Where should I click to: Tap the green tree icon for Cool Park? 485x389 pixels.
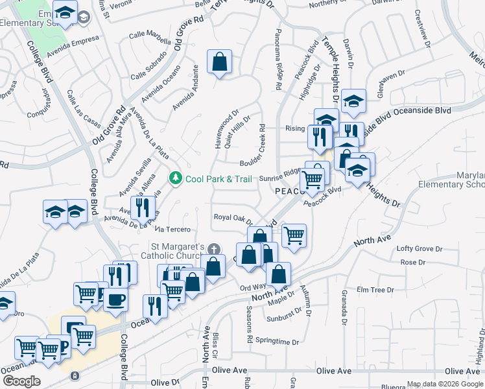coord(175,178)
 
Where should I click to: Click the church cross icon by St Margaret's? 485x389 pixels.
coord(214,249)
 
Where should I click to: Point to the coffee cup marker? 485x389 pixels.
coord(116,300)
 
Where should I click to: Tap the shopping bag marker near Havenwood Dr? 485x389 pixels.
coord(220,62)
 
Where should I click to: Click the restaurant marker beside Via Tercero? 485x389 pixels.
coord(141,208)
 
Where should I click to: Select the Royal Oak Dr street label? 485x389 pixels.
coord(234,218)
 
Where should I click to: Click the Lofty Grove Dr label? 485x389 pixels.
coord(420,249)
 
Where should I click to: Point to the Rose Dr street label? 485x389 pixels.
coord(412,263)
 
